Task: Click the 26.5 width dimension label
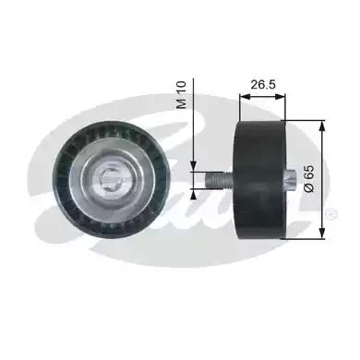click(x=263, y=84)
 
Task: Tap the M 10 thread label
click(x=182, y=95)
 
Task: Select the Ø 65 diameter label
click(x=309, y=178)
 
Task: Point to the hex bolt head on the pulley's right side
click(x=290, y=181)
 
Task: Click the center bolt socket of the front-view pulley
click(x=112, y=181)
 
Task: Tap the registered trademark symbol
click(x=331, y=214)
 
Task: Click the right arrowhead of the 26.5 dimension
click(x=281, y=97)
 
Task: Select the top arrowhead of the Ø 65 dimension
click(x=322, y=126)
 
